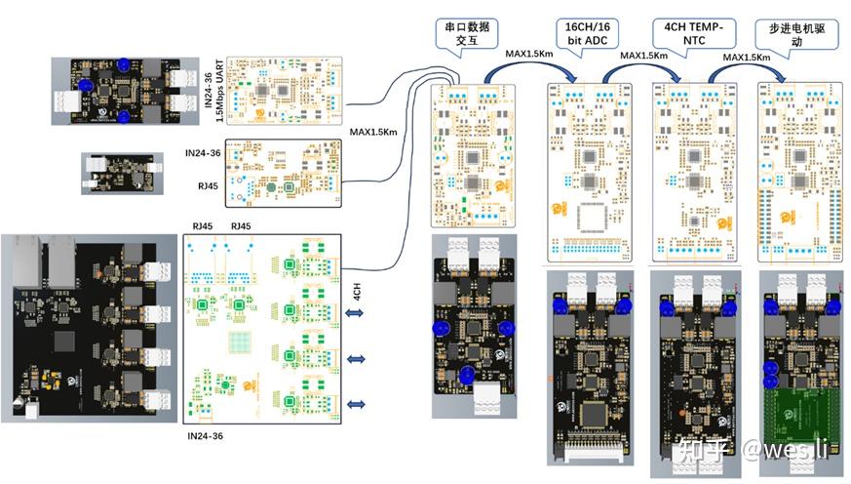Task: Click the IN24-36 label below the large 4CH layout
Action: (x=205, y=434)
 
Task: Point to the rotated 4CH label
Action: (x=357, y=292)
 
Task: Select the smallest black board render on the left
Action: (x=118, y=171)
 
